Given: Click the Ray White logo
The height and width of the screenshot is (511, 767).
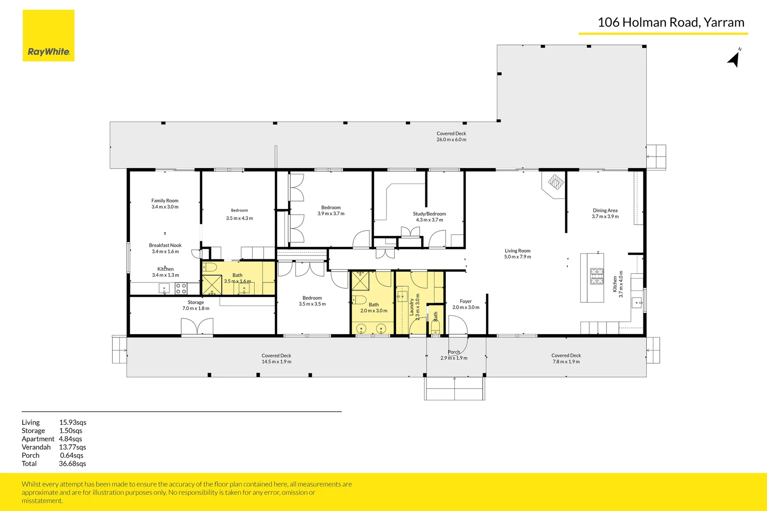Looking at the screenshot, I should (48, 36).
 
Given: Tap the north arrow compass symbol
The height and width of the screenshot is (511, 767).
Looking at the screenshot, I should (734, 59).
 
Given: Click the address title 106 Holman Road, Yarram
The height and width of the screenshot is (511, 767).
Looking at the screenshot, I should (670, 22).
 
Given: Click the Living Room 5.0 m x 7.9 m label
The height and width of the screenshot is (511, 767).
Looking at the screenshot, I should (517, 254).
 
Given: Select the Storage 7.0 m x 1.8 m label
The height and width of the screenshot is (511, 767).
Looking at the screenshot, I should (195, 305).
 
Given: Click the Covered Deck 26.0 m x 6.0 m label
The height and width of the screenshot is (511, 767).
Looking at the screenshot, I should (451, 137).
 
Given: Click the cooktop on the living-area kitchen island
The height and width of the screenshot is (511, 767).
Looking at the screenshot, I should (597, 276).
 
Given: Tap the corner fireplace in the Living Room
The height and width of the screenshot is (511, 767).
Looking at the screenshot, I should (555, 182).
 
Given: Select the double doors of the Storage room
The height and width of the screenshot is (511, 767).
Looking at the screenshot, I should (197, 327).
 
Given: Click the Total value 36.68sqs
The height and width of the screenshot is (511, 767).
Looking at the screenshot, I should (72, 464).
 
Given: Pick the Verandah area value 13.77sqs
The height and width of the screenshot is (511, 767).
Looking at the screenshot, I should (72, 447).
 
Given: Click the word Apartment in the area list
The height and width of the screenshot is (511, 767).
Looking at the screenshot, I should (38, 439).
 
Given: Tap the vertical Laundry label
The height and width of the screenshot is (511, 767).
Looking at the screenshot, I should (412, 307).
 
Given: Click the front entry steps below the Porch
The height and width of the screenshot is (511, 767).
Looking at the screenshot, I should (454, 388).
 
